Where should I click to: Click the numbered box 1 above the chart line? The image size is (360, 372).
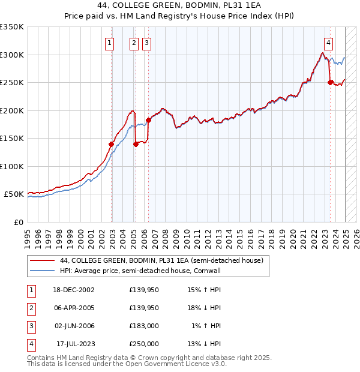[110, 43]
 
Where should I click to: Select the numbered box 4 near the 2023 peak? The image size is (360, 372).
[329, 43]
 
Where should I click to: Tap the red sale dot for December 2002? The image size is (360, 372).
[111, 144]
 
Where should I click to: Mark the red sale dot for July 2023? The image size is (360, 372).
[330, 83]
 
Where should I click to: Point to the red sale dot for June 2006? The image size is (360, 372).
[148, 120]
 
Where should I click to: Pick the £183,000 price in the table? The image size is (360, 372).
[144, 326]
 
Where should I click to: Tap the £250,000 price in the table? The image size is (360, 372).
[144, 344]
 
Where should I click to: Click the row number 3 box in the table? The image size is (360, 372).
[30, 326]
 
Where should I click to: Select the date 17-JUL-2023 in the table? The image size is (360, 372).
[74, 344]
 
